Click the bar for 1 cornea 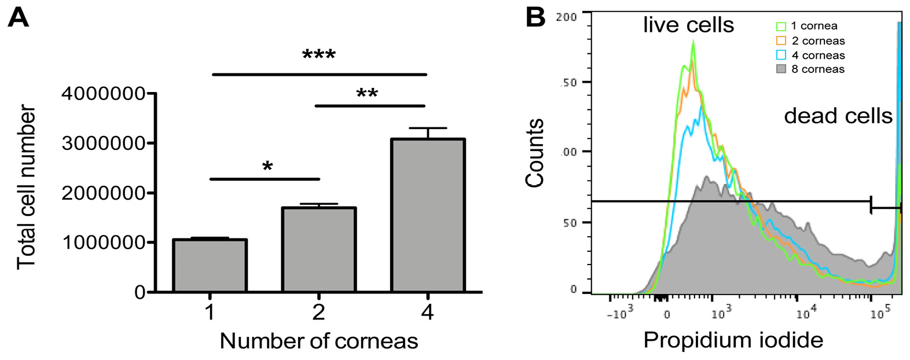210,266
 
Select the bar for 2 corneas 318,249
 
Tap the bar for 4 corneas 428,215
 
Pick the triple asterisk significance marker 319,56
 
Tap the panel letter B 535,18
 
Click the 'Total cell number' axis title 27,188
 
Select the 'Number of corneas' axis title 319,341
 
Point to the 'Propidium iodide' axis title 733,340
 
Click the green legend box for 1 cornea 781,26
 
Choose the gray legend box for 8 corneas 781,69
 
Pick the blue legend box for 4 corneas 781,55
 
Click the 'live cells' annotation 688,25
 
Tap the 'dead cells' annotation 838,116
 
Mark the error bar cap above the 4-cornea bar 428,128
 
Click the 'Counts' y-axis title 535,153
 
